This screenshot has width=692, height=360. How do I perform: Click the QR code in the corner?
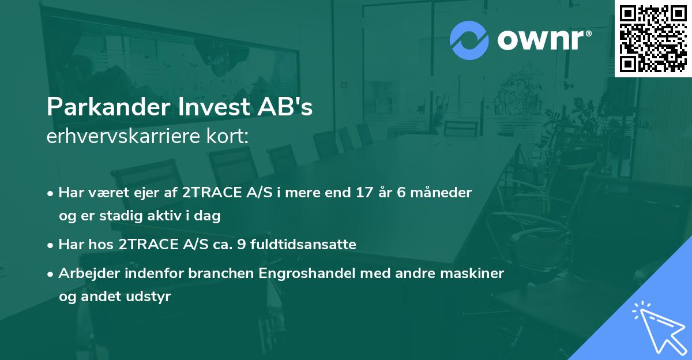point(653,38)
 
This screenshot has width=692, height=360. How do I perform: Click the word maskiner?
point(476,273)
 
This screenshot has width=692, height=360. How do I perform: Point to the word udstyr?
point(152,297)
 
